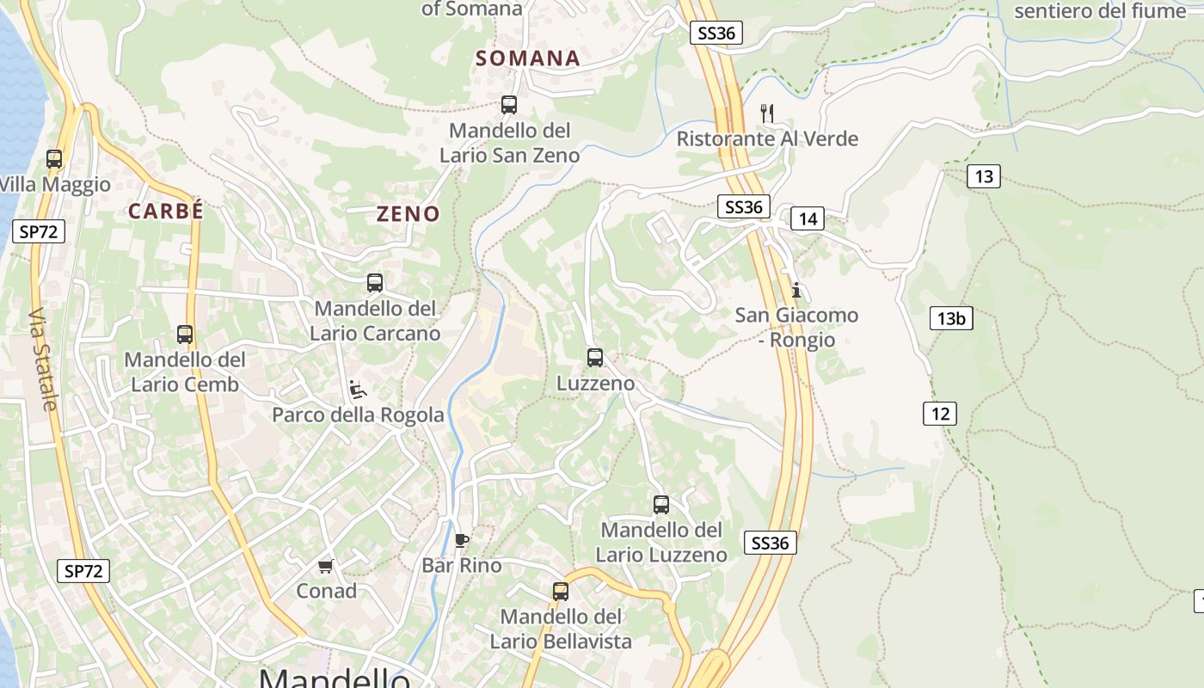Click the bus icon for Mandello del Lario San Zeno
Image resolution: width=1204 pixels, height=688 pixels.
click(509, 105)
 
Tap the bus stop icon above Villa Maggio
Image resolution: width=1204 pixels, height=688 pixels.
click(54, 159)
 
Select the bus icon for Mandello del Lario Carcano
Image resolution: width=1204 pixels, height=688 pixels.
click(375, 282)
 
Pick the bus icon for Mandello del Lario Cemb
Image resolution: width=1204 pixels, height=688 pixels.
click(185, 335)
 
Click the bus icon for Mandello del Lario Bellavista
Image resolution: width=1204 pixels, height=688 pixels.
click(561, 591)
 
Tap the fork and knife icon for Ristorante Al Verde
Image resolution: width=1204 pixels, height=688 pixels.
click(768, 113)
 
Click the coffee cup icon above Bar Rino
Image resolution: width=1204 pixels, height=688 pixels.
click(462, 540)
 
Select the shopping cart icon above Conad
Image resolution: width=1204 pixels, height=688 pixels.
click(326, 566)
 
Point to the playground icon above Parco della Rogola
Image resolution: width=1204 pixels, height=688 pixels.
click(358, 390)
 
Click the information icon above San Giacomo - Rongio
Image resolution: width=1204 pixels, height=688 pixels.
click(796, 290)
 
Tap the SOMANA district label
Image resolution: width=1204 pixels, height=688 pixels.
click(528, 58)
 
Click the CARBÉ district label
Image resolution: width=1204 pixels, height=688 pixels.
click(166, 211)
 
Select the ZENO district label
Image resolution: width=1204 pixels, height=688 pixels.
click(408, 214)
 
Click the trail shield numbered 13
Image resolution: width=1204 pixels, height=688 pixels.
click(984, 177)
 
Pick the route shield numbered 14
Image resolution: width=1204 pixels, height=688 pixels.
click(808, 218)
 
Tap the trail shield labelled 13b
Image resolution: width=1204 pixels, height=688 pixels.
click(951, 318)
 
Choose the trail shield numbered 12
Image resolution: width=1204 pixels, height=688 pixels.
click(940, 414)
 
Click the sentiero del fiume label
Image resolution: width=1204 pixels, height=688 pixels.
click(1100, 11)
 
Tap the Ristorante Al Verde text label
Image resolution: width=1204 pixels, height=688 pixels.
click(767, 138)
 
